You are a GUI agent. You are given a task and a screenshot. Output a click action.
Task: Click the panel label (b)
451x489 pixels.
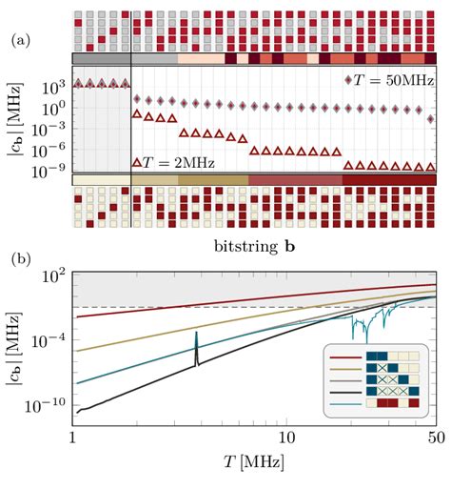pos(18,256)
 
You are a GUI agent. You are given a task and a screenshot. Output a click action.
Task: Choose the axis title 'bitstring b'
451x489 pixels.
pos(254,245)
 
